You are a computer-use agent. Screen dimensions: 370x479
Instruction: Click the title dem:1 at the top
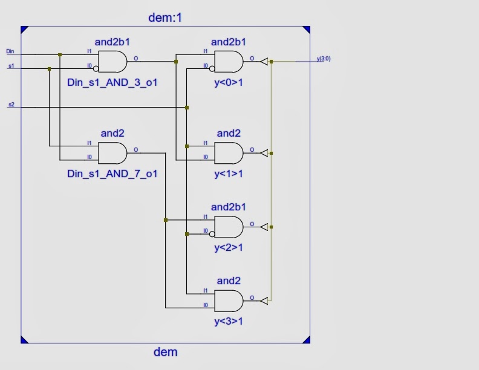coord(165,18)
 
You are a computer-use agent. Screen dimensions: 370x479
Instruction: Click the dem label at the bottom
coord(165,351)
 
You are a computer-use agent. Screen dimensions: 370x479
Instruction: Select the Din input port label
coord(10,51)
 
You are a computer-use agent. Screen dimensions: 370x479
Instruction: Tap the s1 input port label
coord(10,65)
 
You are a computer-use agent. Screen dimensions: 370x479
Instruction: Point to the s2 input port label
coord(10,105)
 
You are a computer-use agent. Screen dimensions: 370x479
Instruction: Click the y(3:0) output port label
coord(324,59)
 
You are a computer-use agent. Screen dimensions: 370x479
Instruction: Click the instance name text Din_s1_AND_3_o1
coord(112,82)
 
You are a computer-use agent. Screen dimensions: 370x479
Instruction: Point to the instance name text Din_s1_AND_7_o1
coord(112,174)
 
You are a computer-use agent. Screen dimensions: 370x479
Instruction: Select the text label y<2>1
coord(229,247)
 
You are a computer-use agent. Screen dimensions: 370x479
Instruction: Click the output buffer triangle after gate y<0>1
coord(264,62)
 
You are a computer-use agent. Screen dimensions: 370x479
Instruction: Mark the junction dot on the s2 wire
coord(187,108)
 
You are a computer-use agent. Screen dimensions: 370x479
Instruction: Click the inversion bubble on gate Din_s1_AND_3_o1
coord(96,68)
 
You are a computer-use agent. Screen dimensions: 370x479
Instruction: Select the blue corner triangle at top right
coord(307,30)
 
